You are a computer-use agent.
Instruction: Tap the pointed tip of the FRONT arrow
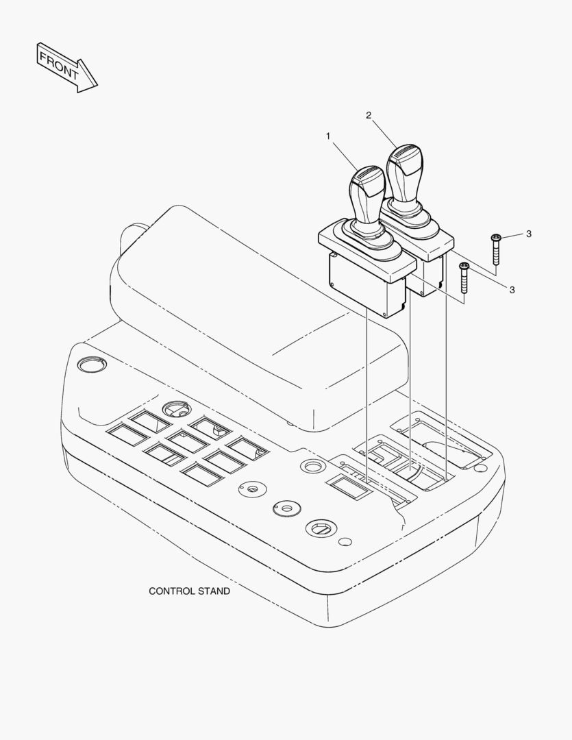pos(97,86)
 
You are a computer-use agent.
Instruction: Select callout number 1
pos(328,136)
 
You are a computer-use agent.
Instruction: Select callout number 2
pos(369,115)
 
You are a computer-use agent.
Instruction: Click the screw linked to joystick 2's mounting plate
pos(495,249)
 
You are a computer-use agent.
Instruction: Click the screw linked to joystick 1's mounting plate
pos(464,278)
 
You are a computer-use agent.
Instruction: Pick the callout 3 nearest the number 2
pos(529,234)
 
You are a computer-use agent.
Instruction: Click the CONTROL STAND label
pos(189,591)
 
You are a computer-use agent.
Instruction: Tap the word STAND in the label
pos(214,591)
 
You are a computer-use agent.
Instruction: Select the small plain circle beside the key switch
pos(345,542)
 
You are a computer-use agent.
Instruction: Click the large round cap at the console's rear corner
pos(92,365)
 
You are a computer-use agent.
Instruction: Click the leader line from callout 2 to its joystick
pos(384,133)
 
